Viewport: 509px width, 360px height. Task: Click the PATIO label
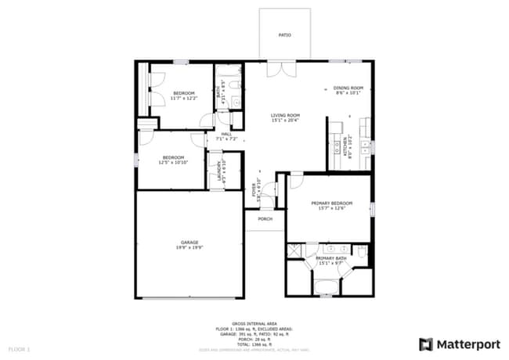(x=284, y=35)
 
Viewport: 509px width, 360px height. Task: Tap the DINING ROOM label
(x=348, y=88)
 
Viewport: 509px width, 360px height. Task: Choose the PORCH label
(x=265, y=219)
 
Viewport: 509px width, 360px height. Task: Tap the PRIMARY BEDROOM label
(x=331, y=203)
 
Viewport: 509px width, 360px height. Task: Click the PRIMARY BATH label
(x=331, y=258)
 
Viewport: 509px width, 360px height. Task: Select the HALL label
(x=226, y=134)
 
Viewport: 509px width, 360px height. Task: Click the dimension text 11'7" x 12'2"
(x=185, y=98)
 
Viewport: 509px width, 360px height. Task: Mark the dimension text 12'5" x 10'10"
(x=172, y=161)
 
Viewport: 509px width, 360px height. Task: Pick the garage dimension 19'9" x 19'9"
(x=189, y=247)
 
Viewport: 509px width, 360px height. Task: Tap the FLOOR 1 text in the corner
(x=19, y=347)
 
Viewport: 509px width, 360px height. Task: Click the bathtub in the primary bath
(x=324, y=286)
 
